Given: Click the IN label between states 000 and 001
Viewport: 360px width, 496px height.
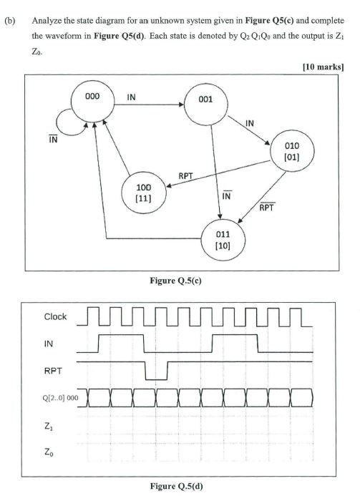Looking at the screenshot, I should pyautogui.click(x=131, y=97).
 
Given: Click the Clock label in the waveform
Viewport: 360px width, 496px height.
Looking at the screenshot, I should pyautogui.click(x=56, y=316).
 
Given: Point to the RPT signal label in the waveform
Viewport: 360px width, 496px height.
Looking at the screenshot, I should pyautogui.click(x=52, y=370).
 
